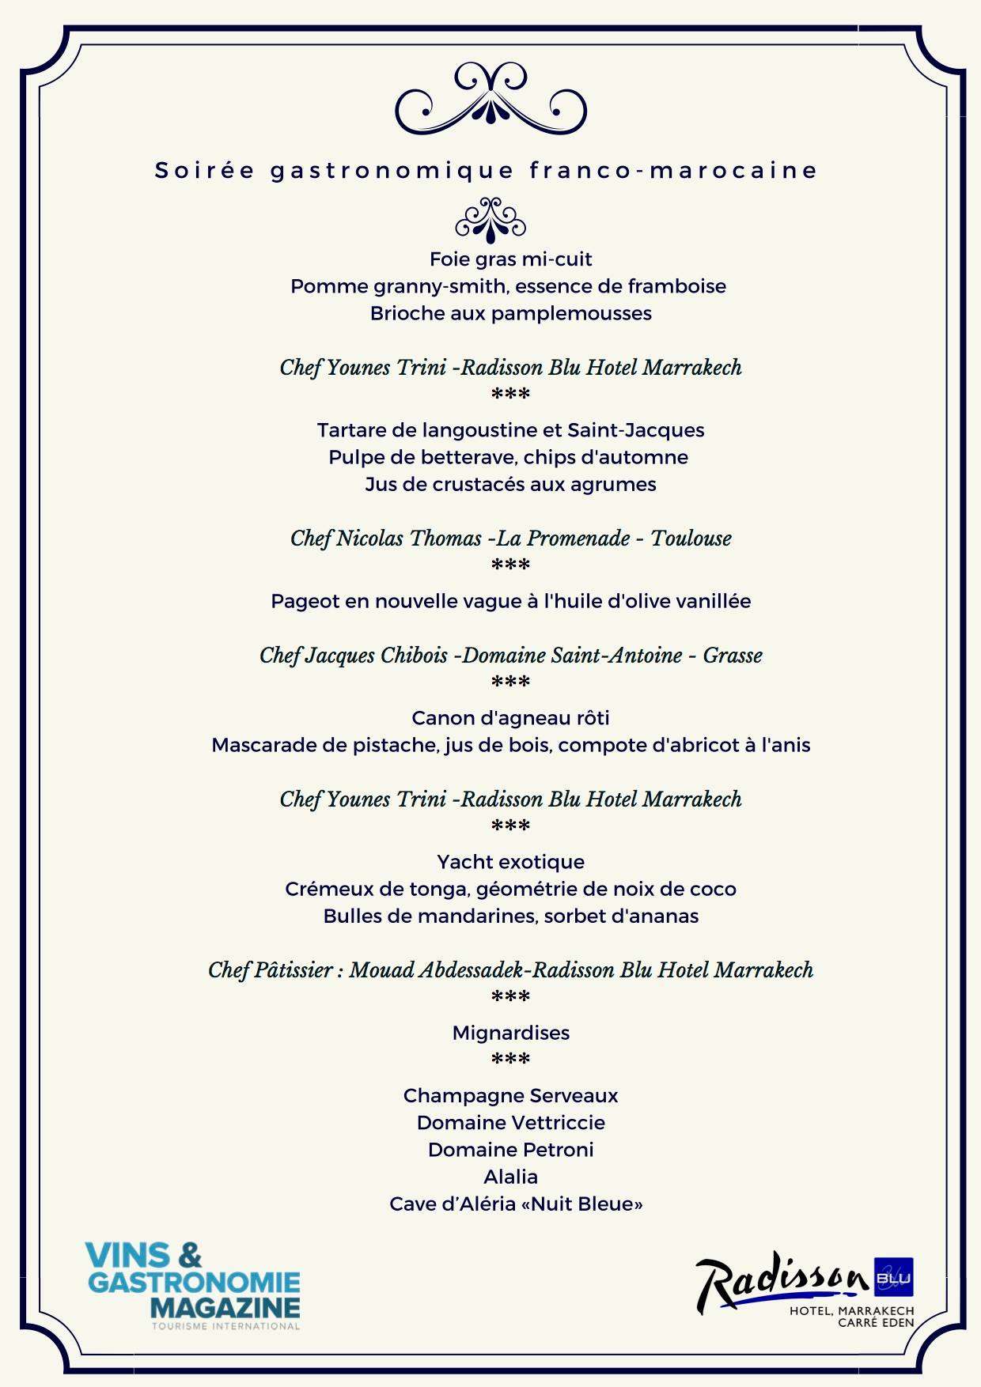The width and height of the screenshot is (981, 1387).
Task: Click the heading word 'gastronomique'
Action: click(392, 171)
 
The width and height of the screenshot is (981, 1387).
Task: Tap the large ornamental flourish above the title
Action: click(490, 99)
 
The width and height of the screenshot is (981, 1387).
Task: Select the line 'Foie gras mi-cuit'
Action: click(510, 259)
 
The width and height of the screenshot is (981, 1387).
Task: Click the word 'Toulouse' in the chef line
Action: click(691, 539)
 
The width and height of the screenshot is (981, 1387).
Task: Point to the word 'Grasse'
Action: click(733, 656)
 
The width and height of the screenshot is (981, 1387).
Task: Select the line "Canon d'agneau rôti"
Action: click(510, 718)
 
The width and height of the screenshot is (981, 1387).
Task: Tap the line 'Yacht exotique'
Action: click(510, 862)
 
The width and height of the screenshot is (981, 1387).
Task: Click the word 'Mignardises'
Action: click(510, 1033)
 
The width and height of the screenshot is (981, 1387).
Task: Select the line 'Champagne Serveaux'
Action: click(510, 1096)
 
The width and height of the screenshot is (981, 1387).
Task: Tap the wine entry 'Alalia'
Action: click(510, 1177)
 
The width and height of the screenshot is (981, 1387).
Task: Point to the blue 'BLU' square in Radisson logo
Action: click(892, 1277)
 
